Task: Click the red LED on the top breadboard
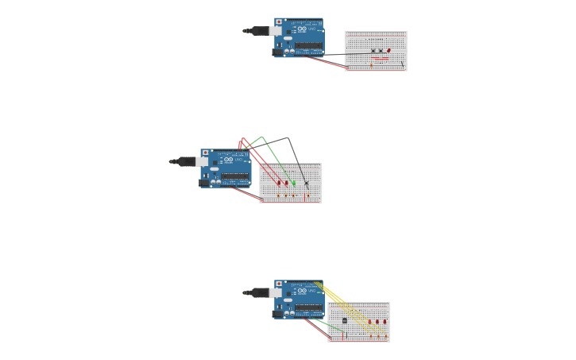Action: point(389,50)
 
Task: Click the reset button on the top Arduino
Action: point(278,21)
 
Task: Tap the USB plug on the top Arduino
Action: point(274,31)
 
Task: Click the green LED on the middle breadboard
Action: point(293,183)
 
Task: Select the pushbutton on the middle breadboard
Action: point(307,183)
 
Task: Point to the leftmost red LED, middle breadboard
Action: point(279,183)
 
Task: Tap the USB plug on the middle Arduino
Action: point(201,161)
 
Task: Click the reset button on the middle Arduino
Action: point(205,152)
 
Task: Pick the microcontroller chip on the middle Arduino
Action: point(235,176)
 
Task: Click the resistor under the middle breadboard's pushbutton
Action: point(307,194)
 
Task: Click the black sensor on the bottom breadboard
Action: point(344,320)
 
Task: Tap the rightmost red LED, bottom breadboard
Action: point(385,322)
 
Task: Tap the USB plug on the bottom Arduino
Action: point(274,292)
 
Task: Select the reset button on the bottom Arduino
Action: point(278,283)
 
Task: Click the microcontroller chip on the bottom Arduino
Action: point(309,308)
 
